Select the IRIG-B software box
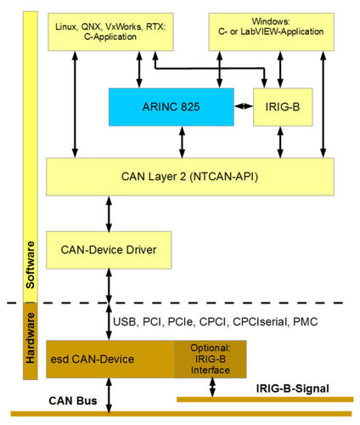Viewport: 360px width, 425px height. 278,106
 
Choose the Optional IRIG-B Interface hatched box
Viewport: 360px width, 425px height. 210,359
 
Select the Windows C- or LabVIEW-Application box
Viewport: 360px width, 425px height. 274,30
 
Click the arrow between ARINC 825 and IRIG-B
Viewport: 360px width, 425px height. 244,106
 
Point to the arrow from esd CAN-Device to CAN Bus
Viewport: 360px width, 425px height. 108,395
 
